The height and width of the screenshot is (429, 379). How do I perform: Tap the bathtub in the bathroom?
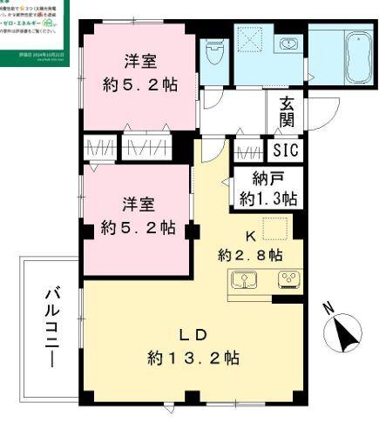point(357,58)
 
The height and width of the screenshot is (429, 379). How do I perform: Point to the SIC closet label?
point(284,151)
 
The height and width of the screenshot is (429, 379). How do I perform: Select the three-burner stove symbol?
point(287,281)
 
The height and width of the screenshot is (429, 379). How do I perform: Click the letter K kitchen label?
point(249,235)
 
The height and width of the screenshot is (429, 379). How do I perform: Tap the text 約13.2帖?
point(193,357)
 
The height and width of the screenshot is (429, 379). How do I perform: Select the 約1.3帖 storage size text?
point(268,198)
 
